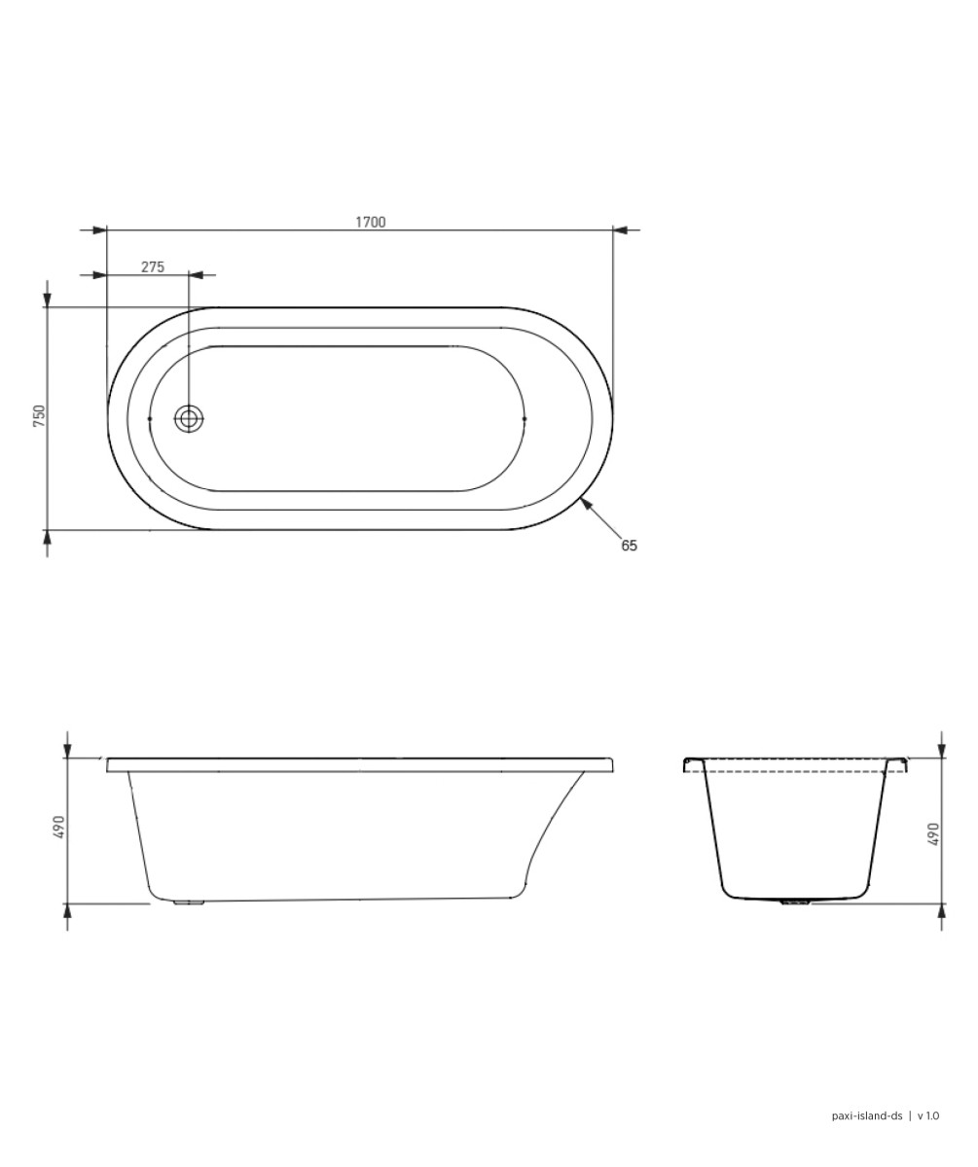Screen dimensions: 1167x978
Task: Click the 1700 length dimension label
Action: coord(370,222)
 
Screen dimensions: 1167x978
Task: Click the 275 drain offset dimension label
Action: coord(153,266)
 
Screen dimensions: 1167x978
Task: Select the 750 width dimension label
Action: coord(39,416)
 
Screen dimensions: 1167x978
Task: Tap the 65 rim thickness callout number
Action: coord(630,546)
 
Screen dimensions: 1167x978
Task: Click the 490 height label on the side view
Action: coord(58,828)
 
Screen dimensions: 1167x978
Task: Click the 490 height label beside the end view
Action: coord(933,833)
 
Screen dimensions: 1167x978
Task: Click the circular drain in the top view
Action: coord(189,419)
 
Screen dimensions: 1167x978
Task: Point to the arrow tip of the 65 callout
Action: coord(583,501)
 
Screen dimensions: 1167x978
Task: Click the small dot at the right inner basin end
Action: coord(525,419)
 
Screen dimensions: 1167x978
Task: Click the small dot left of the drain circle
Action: coord(149,419)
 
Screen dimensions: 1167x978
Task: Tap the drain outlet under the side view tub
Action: coord(189,902)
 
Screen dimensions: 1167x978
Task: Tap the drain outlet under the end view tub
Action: coord(795,902)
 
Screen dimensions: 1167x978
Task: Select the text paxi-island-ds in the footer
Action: coord(867,1115)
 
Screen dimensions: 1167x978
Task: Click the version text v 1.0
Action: coord(928,1115)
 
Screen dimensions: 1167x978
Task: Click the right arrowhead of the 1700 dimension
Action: coord(622,230)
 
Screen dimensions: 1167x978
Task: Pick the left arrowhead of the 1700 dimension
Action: coord(98,230)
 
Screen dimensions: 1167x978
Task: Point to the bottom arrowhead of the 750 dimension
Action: coord(47,538)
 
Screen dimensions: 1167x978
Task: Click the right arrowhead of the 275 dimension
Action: coord(197,275)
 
